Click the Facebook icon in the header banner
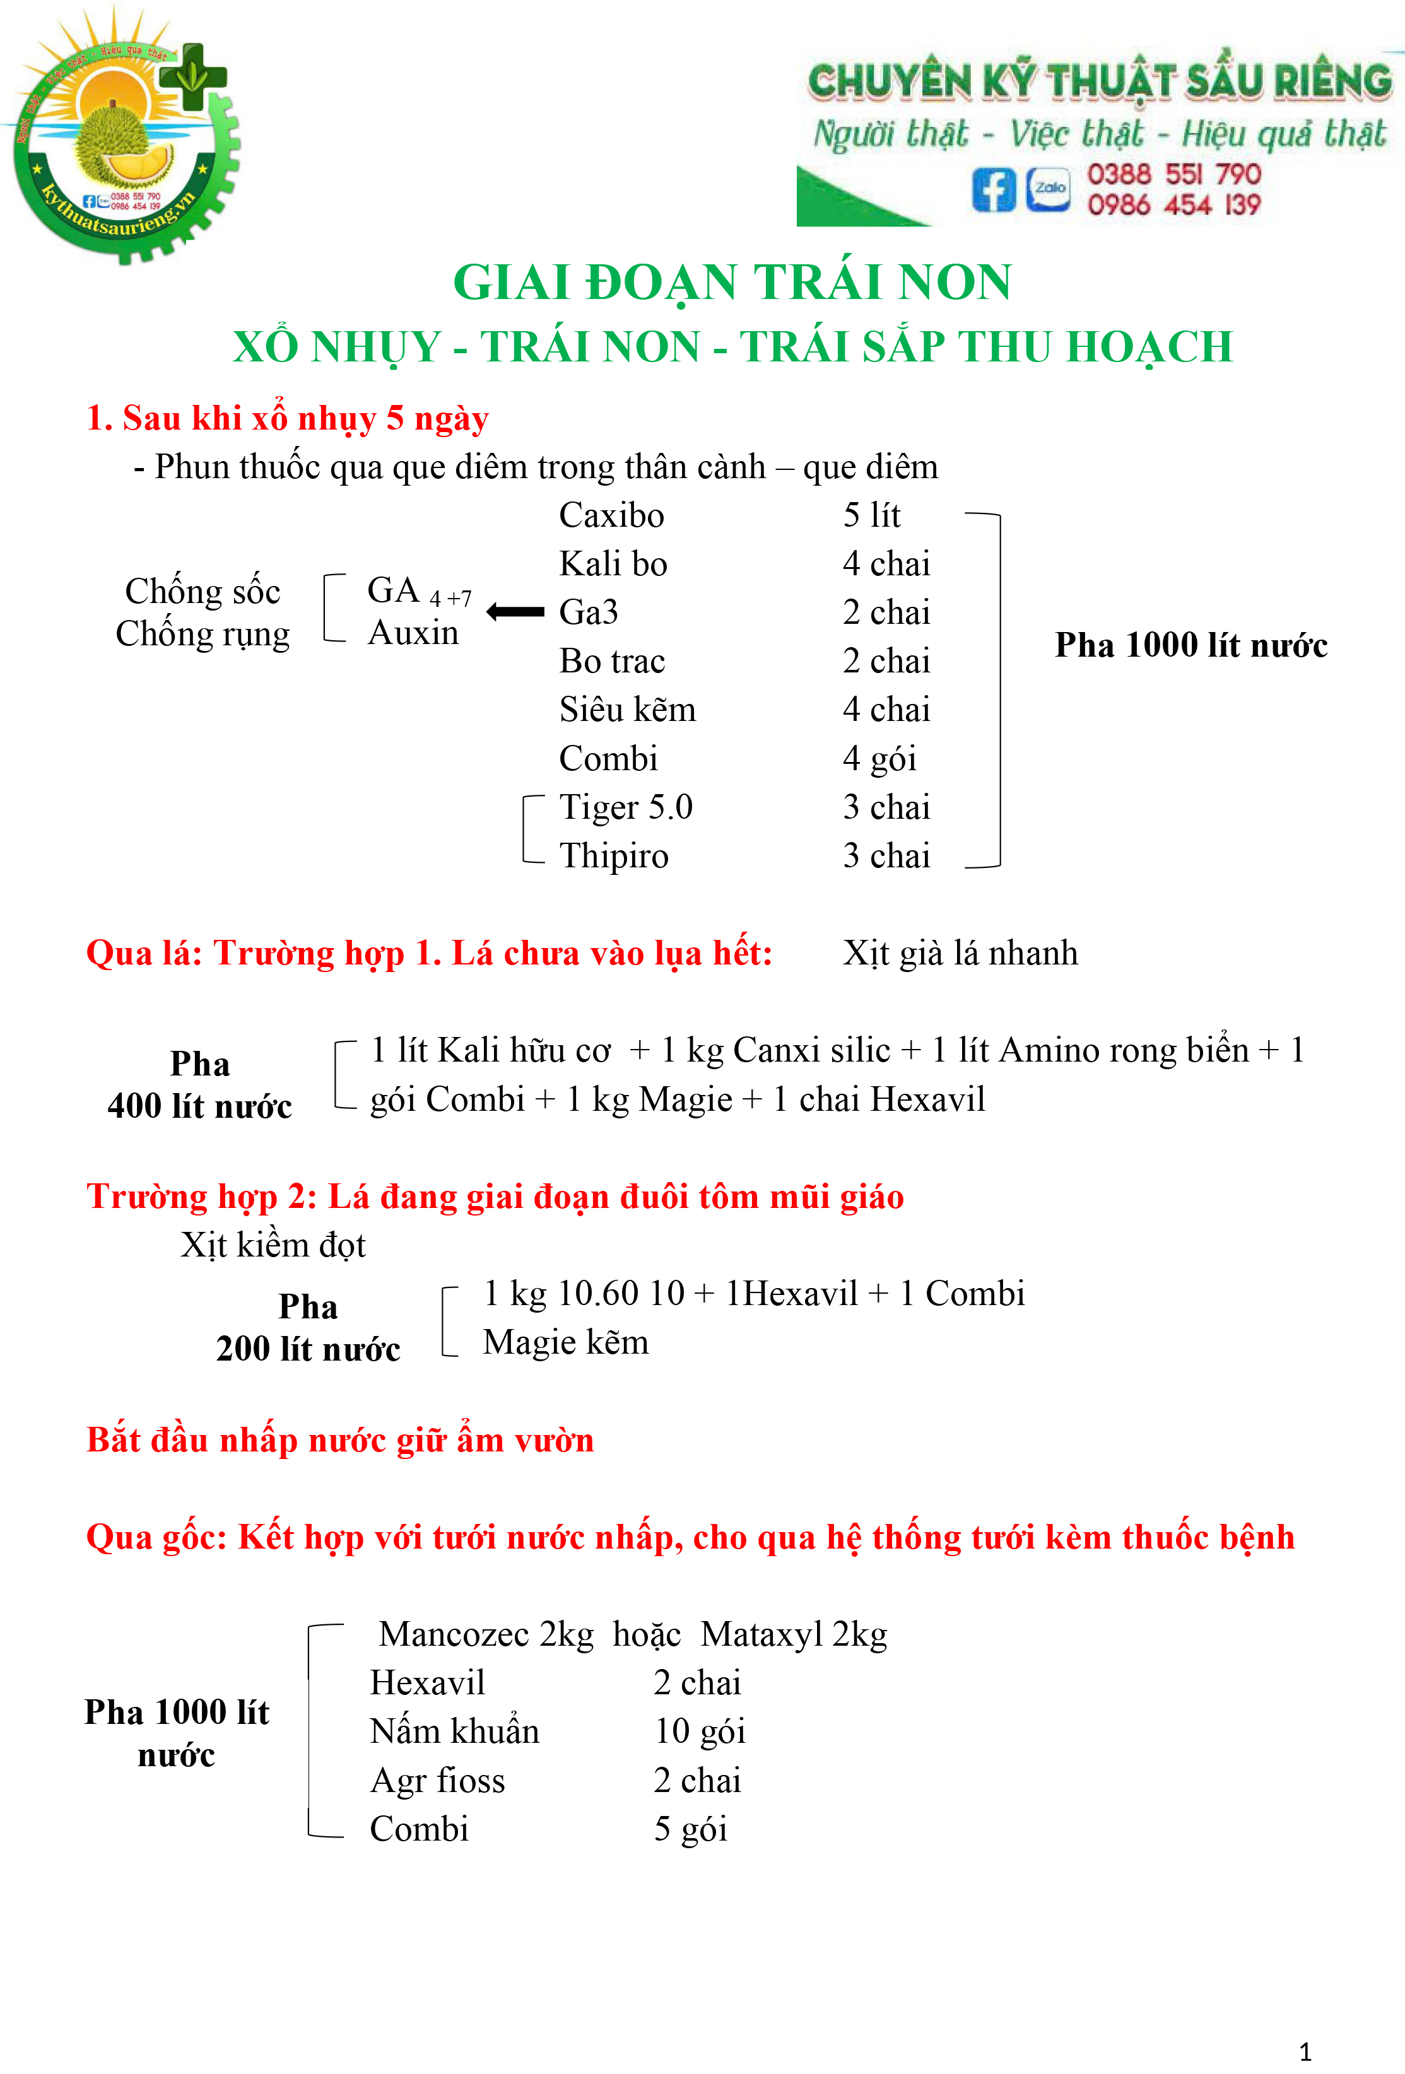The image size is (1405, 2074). coord(994,189)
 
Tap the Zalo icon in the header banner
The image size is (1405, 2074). coord(1049,189)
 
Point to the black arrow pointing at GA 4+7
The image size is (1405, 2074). coord(515,612)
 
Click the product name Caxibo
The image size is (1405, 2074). coord(611,516)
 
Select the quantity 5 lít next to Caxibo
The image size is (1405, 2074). coord(871,516)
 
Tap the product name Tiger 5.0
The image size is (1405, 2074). coord(626,807)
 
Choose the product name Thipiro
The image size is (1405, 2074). coord(613,856)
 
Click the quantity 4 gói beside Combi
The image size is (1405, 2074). coord(879,759)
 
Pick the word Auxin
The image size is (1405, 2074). coord(413,633)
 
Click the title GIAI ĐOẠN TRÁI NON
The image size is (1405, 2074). coord(732,282)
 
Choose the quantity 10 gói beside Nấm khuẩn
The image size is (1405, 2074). coord(699,1731)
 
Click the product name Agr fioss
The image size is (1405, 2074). coord(437,1781)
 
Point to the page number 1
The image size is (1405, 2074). coord(1305,2051)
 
